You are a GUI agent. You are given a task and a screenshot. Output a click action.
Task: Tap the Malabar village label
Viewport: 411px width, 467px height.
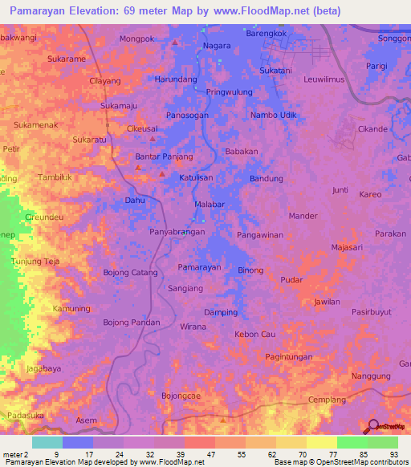point(209,205)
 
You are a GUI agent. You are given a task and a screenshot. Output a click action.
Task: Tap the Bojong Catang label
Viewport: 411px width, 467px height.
point(131,273)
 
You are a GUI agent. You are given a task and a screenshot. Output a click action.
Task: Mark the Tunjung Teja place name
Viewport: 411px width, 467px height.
point(35,262)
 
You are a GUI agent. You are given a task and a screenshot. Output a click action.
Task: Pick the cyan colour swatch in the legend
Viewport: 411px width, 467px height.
point(47,442)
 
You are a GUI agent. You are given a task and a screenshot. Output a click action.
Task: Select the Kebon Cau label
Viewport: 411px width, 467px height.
point(255,334)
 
